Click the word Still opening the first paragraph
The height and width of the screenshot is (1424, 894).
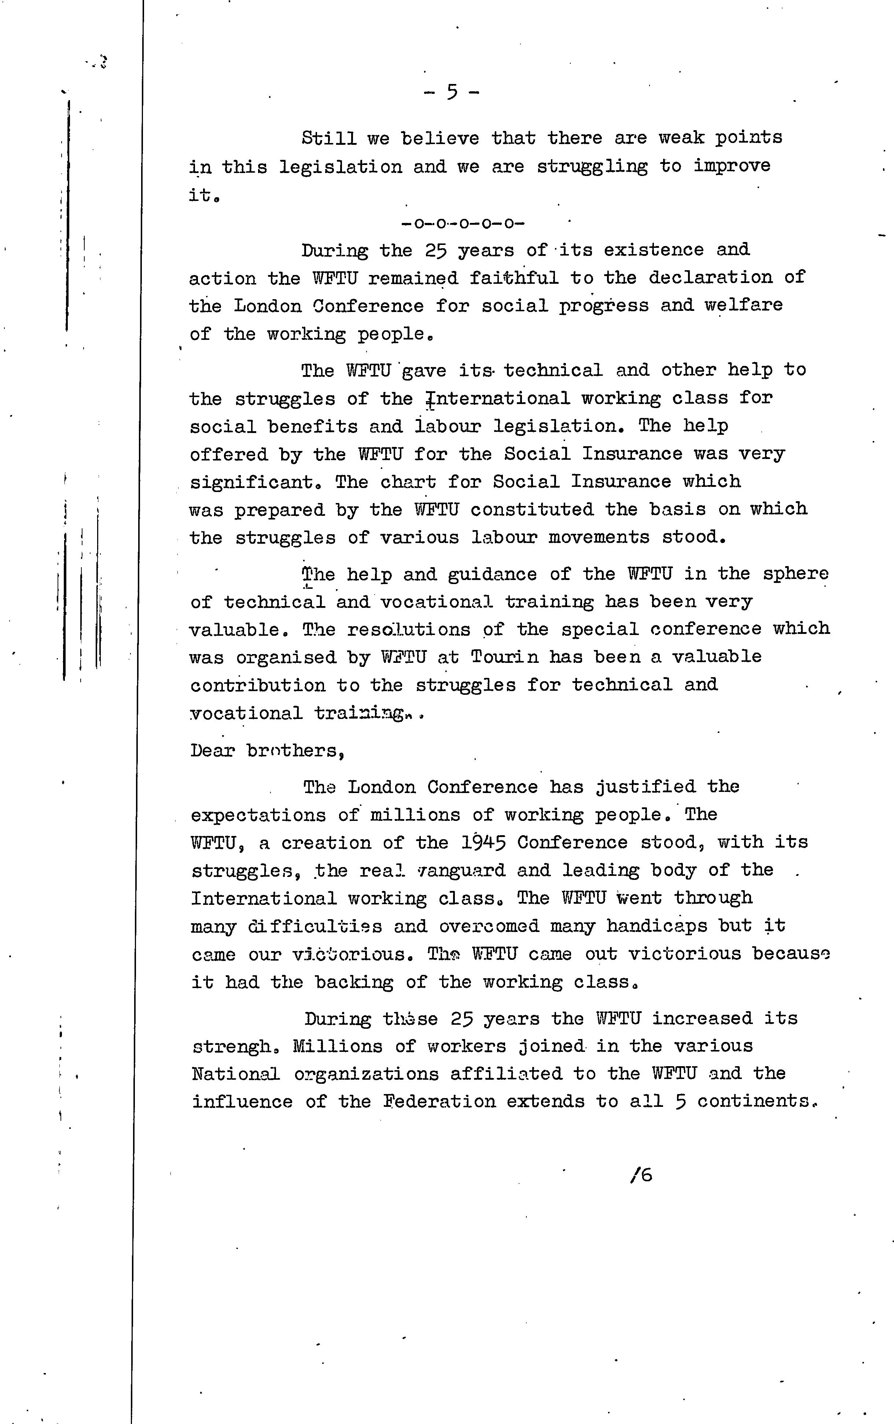(329, 138)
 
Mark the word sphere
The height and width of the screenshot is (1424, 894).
(795, 574)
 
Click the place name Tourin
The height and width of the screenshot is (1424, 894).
(505, 657)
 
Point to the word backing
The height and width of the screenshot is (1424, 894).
(354, 982)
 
